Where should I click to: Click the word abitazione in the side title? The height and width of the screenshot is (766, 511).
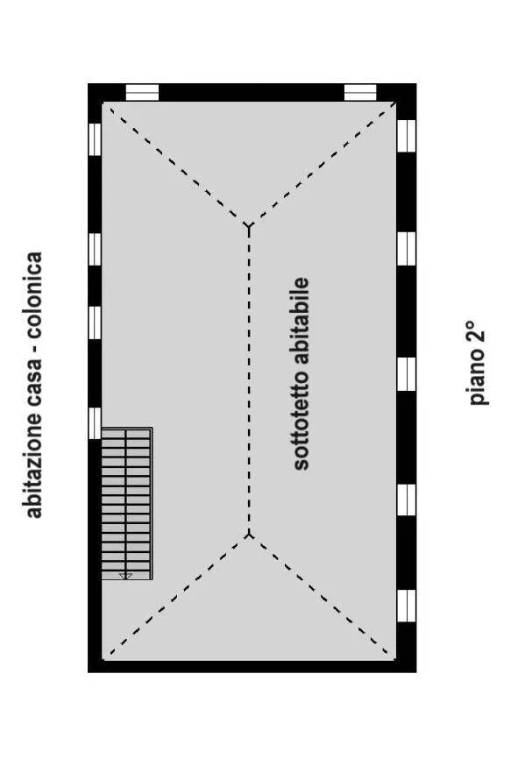pos(33,465)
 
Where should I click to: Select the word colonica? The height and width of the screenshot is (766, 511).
pos(33,295)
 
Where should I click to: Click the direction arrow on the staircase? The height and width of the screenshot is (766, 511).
pos(126,577)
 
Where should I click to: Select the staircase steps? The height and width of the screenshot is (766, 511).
pos(126,504)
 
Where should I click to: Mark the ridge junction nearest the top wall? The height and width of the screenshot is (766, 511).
pos(249,225)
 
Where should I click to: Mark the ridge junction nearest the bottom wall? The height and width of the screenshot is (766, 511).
pos(249,535)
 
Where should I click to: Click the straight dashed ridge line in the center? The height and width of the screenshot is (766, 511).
pos(249,380)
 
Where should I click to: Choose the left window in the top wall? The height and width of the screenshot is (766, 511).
pos(142,92)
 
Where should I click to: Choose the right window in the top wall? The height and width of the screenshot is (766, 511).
pos(360,92)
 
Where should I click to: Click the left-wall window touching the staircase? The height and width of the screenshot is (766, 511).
pos(95,423)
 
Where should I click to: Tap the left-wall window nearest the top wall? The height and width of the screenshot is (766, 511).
pos(95,139)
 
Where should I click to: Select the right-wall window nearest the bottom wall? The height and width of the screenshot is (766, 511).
pos(406,606)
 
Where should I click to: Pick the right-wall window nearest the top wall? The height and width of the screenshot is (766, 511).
pos(406,136)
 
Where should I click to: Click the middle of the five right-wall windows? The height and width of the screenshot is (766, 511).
pos(406,374)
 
